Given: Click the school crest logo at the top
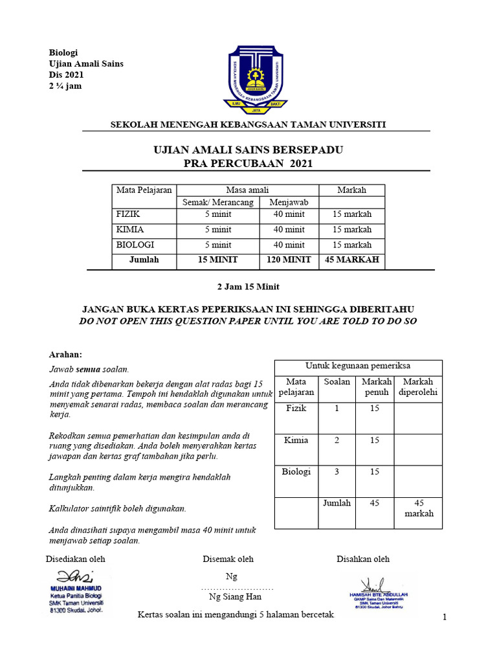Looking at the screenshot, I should pyautogui.click(x=256, y=79).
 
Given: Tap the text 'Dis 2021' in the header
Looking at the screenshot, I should pyautogui.click(x=67, y=74).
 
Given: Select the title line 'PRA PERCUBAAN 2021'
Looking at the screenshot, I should pyautogui.click(x=248, y=164).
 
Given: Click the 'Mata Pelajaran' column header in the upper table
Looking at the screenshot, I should pyautogui.click(x=144, y=190).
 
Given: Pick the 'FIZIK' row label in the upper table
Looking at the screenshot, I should pyautogui.click(x=127, y=213).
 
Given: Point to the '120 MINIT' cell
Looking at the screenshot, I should pyautogui.click(x=289, y=260).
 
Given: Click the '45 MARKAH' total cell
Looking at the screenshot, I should pyautogui.click(x=351, y=260).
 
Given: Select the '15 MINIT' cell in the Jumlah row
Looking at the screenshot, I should pyautogui.click(x=217, y=260).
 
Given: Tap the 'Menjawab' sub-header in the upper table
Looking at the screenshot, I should pyautogui.click(x=289, y=202).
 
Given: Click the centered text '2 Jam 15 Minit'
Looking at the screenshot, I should pyautogui.click(x=248, y=286).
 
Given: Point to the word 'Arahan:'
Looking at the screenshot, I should pyautogui.click(x=66, y=354).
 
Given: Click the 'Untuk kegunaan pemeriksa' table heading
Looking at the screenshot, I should pyautogui.click(x=358, y=366).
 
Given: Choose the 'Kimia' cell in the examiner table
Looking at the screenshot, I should pyautogui.click(x=296, y=440).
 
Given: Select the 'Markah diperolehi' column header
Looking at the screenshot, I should pyautogui.click(x=417, y=387).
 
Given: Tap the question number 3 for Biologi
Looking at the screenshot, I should pyautogui.click(x=337, y=471).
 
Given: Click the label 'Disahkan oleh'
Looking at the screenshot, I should pyautogui.click(x=362, y=559).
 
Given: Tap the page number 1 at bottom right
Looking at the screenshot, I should pyautogui.click(x=445, y=618).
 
